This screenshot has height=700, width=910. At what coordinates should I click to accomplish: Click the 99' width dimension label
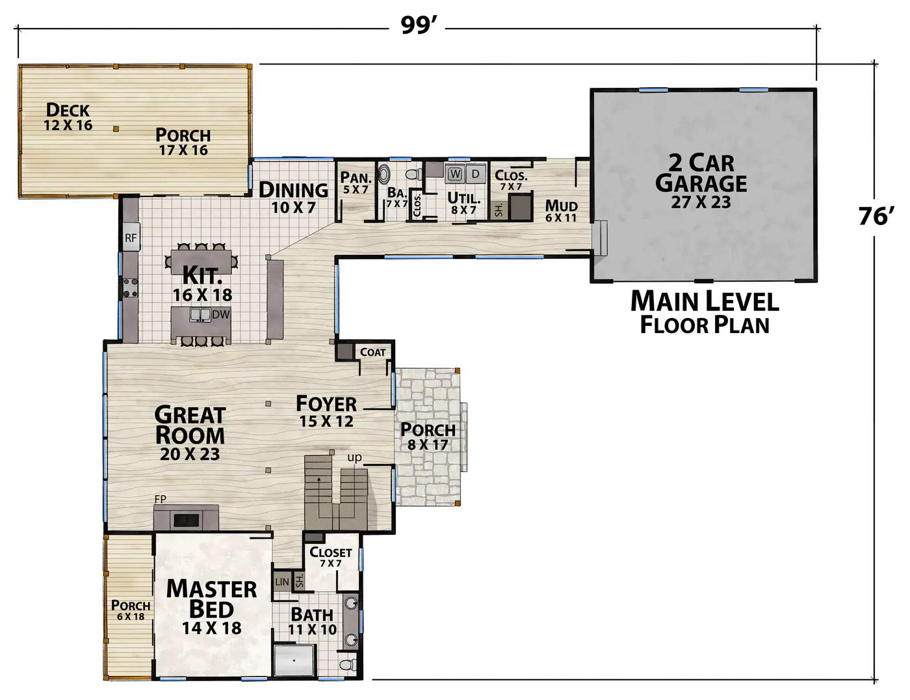(419, 25)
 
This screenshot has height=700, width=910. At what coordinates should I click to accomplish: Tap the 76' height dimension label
(876, 217)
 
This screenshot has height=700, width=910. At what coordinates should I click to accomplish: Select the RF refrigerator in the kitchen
(131, 237)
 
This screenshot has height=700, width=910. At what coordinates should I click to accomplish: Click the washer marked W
(455, 174)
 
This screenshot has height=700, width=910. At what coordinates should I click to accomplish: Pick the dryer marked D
(475, 174)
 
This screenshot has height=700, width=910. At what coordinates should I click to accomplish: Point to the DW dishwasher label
(221, 314)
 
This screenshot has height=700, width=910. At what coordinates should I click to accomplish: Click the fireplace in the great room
(187, 518)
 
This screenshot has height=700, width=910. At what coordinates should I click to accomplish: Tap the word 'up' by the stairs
(354, 458)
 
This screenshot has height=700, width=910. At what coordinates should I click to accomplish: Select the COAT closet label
(372, 353)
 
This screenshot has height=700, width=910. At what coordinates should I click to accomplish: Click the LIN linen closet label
(282, 582)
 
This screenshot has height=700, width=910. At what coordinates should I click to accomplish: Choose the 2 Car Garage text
(701, 173)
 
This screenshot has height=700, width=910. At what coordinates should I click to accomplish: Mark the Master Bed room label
(211, 599)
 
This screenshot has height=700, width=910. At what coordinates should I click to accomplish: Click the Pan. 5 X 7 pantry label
(356, 183)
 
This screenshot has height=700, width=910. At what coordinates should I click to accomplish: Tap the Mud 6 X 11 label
(561, 211)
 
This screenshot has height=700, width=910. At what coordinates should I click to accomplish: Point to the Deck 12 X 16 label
(68, 116)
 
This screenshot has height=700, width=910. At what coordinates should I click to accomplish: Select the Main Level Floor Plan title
(705, 312)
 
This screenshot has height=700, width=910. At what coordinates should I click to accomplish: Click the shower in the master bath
(294, 660)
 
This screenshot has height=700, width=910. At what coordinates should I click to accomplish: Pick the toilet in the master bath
(348, 665)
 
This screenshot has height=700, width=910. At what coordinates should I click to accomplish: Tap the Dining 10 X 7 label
(293, 198)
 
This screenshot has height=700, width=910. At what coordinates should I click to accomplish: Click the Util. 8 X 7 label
(463, 203)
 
